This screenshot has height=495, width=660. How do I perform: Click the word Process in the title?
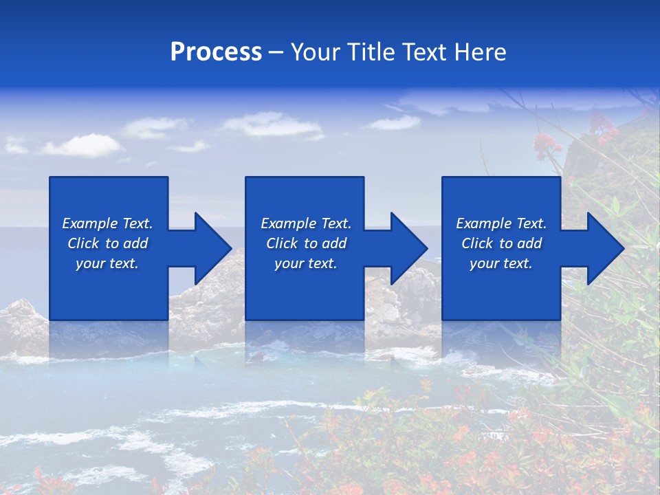216,52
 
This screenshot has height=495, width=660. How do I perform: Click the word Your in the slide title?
313,52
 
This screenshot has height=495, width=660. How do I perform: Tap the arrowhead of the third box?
608,248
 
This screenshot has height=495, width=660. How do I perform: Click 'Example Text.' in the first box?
107,223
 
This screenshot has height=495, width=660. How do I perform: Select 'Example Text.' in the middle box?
306,223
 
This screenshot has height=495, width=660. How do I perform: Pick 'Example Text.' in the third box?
501,223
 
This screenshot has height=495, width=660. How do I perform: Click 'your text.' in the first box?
107,263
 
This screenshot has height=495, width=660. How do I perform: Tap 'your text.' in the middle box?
306,263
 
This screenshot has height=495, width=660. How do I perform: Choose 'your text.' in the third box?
501,263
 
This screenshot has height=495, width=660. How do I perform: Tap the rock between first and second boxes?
206,302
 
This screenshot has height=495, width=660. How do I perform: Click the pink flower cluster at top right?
547,144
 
